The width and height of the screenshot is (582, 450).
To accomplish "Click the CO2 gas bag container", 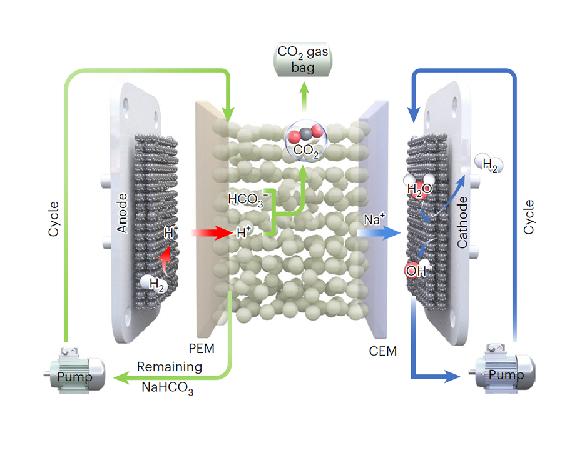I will pos(304,58).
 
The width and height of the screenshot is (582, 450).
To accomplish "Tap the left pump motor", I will pos(74,372).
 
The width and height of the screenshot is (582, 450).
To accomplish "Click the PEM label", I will pos(201,348).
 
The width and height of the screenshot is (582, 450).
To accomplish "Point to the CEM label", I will pos(382,351).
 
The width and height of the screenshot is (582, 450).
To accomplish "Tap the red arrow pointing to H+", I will pos(210,233).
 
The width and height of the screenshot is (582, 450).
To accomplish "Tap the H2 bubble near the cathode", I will pos(489,163).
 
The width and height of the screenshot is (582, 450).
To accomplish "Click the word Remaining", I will pos(170,367).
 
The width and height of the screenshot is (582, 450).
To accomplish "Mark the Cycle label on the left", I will pos(53,219).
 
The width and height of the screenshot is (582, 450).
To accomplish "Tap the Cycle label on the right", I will pos(529,217).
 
